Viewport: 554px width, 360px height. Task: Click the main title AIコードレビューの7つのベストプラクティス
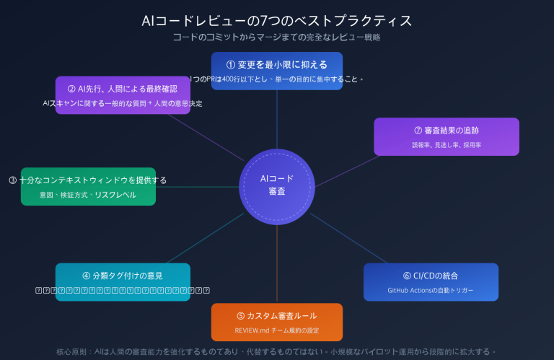coord(277,20)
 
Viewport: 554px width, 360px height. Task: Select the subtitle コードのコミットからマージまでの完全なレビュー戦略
coord(277,37)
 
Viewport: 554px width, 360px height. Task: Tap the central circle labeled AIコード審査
coord(276,185)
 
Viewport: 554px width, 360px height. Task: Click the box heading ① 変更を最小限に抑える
coord(277,63)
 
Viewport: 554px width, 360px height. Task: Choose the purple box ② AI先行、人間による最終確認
coord(123,89)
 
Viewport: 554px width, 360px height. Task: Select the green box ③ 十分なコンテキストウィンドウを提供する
coord(88,180)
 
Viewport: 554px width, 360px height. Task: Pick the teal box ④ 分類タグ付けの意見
coord(123,275)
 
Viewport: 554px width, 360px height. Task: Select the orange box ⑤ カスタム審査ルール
coord(277,316)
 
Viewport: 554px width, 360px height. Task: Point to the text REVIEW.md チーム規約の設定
coord(277,331)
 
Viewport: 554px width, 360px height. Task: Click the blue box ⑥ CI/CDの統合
coord(431,275)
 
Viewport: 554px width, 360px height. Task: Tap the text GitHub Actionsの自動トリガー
coord(431,290)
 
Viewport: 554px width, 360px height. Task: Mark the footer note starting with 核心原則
coord(277,351)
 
